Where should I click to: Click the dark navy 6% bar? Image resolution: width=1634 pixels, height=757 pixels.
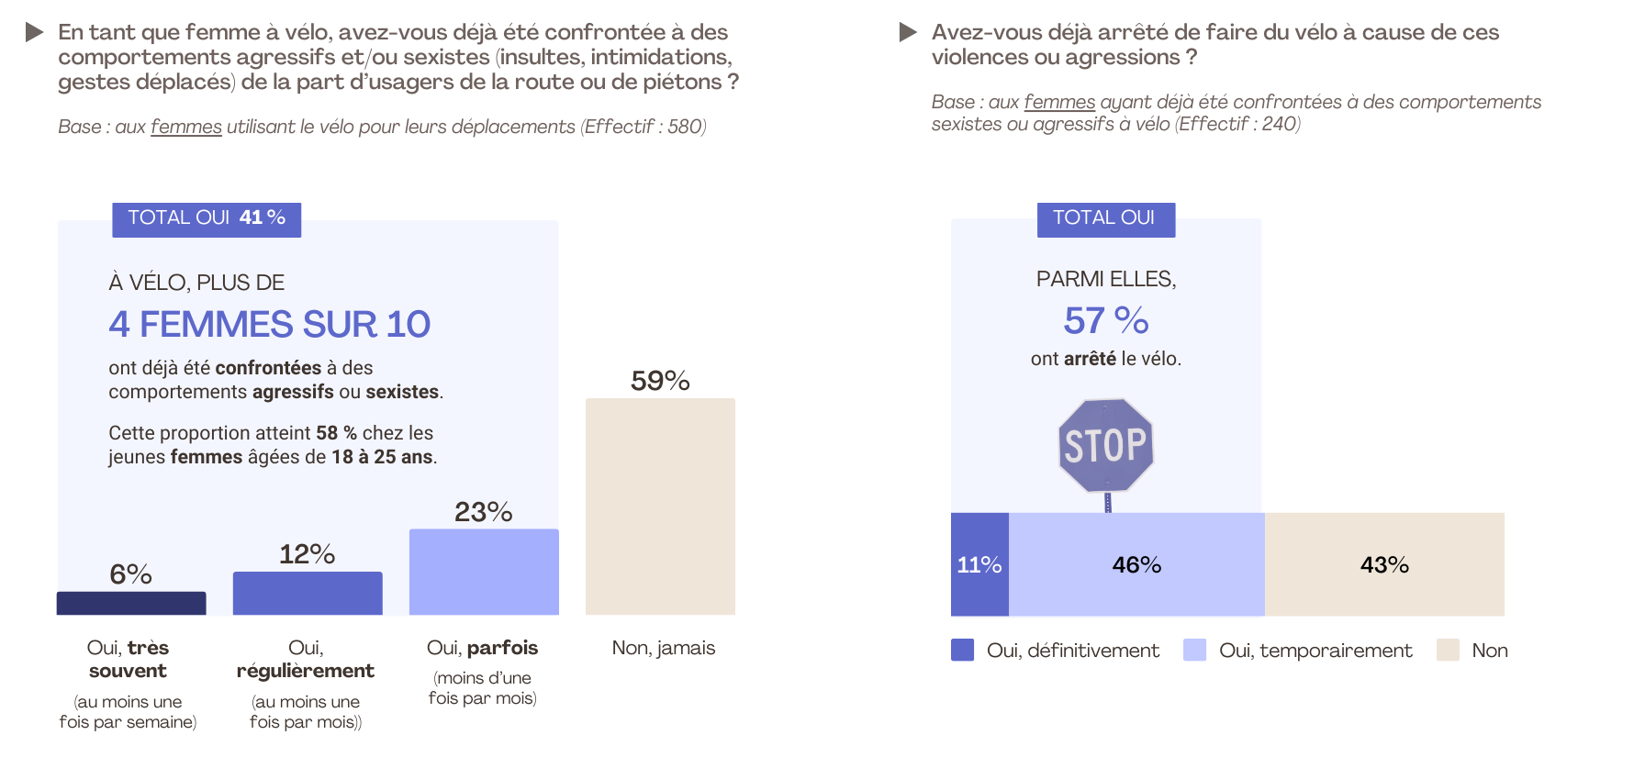tap(131, 603)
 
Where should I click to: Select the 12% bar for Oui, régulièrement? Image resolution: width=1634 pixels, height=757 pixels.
tap(308, 593)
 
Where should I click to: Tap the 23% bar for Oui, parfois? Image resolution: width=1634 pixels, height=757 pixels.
tap(484, 572)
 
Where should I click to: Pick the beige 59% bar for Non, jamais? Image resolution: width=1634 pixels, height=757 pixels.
tap(660, 507)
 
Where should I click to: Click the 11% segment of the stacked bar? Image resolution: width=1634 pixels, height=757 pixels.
tap(979, 564)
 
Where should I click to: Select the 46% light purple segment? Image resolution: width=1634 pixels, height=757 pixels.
tap(1136, 564)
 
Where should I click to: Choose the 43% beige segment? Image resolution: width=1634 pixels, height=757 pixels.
tap(1384, 564)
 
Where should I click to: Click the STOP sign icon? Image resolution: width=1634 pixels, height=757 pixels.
tap(1106, 446)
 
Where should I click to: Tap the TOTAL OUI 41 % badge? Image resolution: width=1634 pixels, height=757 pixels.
tap(207, 218)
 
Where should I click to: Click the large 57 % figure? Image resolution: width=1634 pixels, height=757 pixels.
tap(1106, 321)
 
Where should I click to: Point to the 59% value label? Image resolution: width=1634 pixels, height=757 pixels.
tap(660, 381)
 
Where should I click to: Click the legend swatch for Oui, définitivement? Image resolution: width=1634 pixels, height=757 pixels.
tap(962, 650)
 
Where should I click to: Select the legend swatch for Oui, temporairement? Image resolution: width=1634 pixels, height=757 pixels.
tap(1194, 650)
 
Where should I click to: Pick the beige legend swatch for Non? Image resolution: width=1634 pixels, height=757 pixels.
tap(1448, 650)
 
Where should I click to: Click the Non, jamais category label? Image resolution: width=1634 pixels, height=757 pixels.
tap(663, 648)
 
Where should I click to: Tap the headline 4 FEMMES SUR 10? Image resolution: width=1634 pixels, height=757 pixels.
tap(269, 324)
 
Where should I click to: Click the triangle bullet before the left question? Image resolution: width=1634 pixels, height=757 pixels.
tap(35, 32)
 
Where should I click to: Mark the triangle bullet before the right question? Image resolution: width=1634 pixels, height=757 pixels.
tap(908, 32)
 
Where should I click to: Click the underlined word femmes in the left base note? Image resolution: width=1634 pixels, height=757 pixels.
tap(186, 127)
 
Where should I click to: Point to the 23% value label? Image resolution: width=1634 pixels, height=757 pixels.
tap(484, 512)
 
